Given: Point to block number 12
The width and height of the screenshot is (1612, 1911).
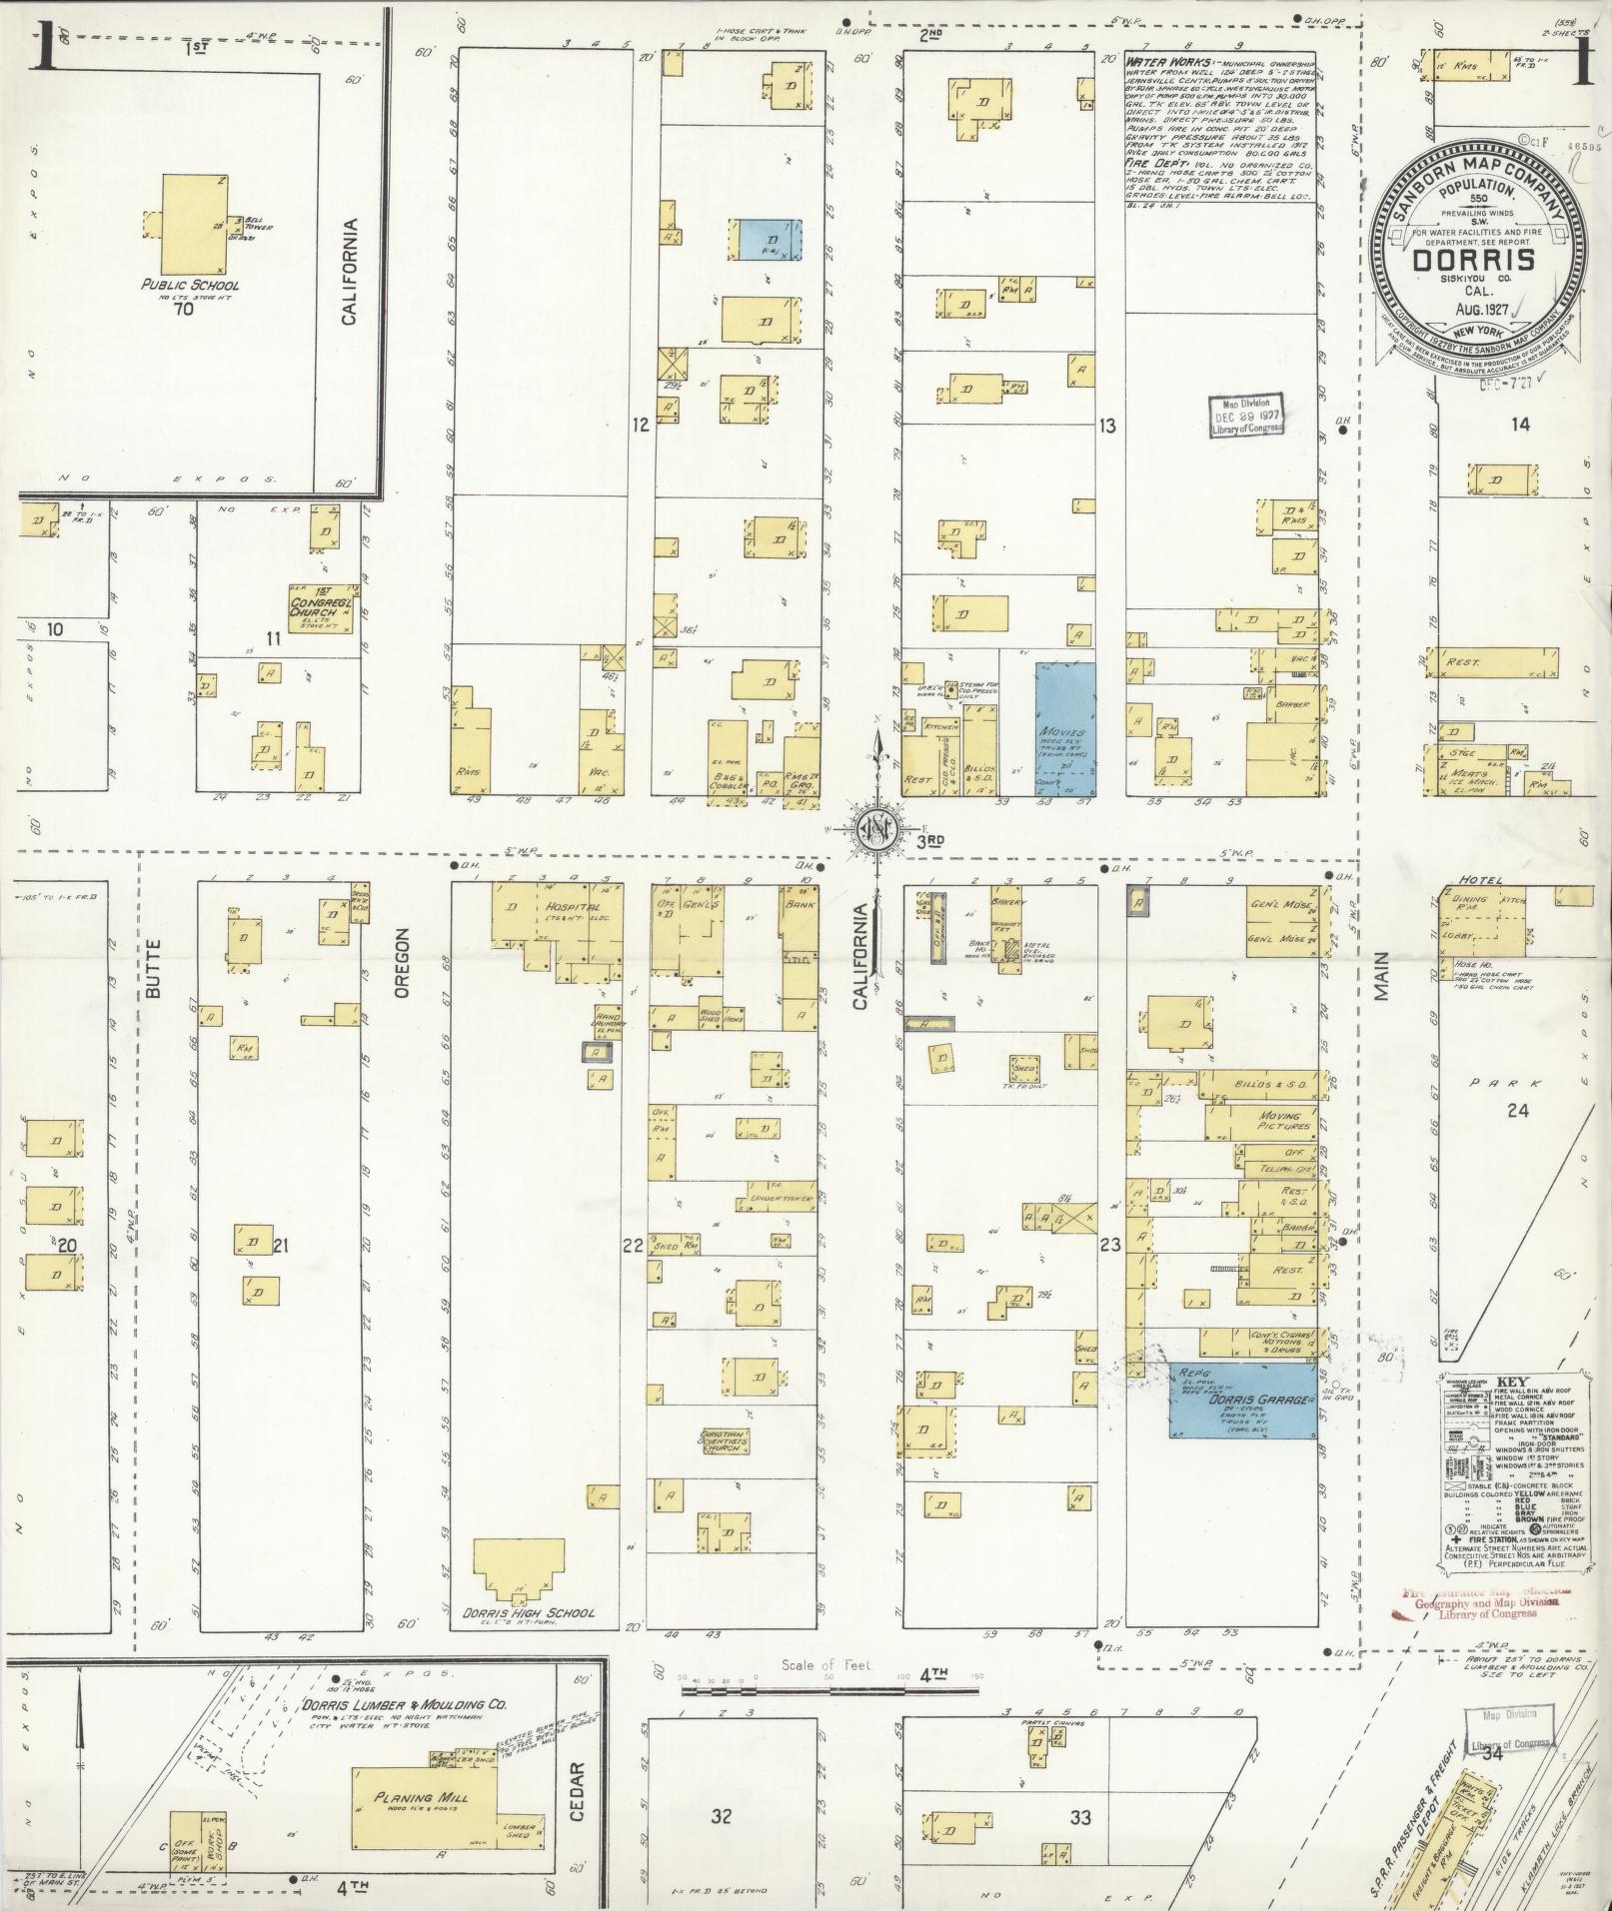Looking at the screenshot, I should [x=640, y=425].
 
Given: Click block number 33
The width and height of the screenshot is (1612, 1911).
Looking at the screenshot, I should [x=1079, y=1817].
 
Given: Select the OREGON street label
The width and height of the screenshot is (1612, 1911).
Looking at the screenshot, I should [x=404, y=962].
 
